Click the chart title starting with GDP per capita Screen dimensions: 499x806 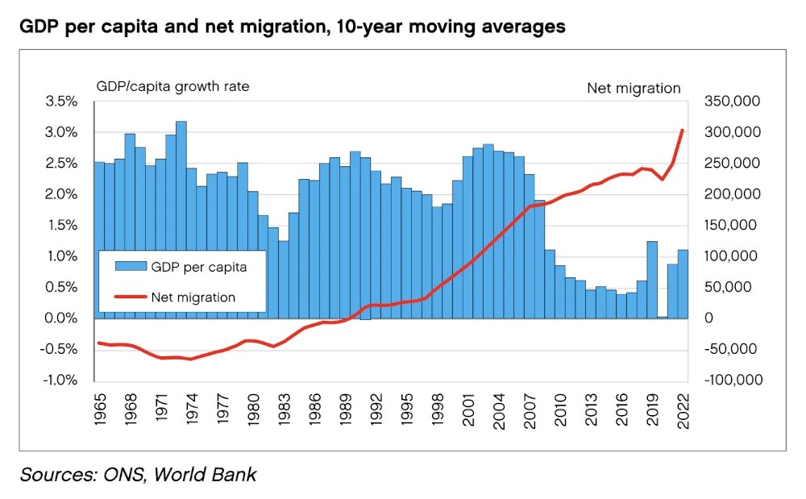click(292, 27)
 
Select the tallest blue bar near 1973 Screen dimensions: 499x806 click(181, 219)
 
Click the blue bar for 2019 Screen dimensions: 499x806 click(652, 279)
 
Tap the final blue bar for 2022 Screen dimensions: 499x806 click(682, 284)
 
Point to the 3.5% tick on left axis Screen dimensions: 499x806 click(61, 102)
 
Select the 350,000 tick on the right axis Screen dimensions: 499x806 click(730, 102)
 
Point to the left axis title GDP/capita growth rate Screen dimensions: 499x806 click(172, 87)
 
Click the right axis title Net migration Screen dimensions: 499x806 click(634, 88)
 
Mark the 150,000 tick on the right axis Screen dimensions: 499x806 click(730, 226)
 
